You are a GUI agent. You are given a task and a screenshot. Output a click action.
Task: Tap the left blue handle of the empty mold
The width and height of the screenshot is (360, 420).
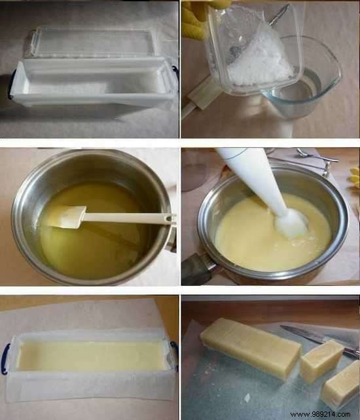(x=11, y=86)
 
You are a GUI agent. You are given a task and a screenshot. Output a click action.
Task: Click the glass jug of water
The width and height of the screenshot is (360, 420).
(x=308, y=79)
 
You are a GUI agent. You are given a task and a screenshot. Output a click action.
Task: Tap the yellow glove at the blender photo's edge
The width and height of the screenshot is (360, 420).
(x=355, y=176)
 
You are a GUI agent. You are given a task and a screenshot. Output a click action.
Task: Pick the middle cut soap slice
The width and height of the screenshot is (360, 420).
(x=321, y=360)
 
